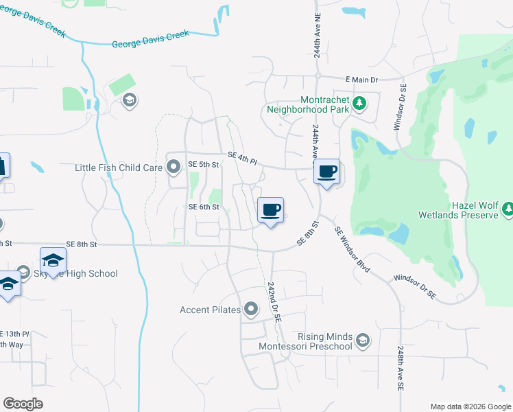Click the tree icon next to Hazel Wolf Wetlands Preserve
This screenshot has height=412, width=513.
pos(508,209)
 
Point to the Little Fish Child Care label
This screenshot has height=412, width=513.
pos(118,167)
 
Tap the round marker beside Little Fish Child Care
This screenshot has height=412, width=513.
pos(174,165)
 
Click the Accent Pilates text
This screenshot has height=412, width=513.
pos(210,310)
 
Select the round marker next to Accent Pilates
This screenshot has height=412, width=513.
pos(251,310)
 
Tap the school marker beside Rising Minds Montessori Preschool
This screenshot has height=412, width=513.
pos(363,339)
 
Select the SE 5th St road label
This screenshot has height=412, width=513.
pos(203,165)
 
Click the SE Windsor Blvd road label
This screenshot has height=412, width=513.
pos(353,250)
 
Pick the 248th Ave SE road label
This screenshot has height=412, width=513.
pos(400,369)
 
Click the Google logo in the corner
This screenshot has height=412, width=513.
pos(23,404)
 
